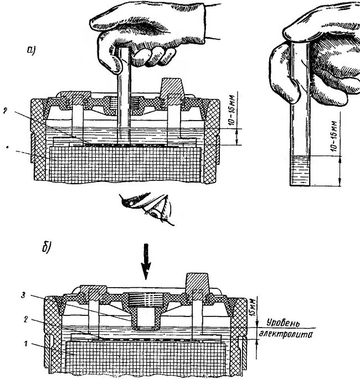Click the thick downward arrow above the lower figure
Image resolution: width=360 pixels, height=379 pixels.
(x=146, y=269)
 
